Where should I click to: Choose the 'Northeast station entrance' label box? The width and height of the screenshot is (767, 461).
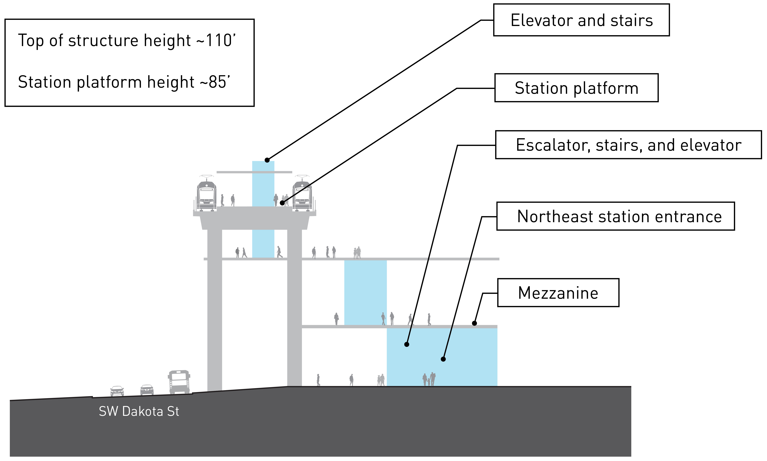coord(616,216)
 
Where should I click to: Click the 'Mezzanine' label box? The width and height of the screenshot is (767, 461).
coord(558,293)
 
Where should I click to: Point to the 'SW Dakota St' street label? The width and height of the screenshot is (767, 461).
coord(139,411)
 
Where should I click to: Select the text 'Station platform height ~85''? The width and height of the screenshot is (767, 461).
coord(124,82)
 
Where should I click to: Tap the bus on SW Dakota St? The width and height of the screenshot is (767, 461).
coord(179,382)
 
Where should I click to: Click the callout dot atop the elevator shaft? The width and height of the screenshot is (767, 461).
coord(267,160)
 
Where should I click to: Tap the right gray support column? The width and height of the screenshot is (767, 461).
coord(295,307)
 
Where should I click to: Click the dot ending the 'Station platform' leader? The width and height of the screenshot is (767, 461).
coord(282,203)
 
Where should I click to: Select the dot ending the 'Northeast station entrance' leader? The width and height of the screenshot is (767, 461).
coord(443,359)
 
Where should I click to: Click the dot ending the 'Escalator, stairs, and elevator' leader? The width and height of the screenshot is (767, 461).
coord(406,344)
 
